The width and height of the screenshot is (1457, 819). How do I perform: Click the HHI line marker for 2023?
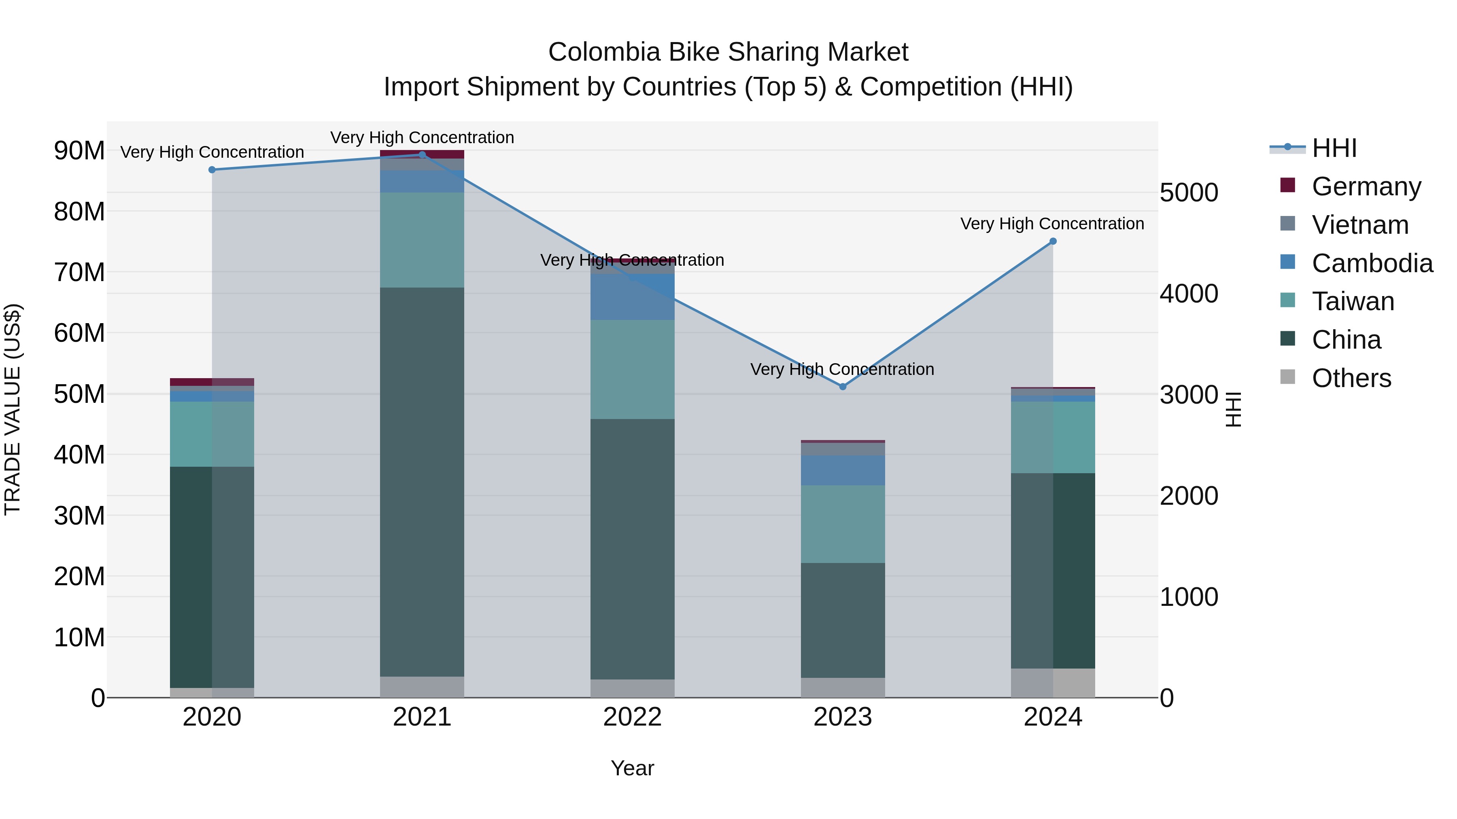[x=842, y=387]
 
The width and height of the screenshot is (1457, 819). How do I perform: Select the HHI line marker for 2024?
[x=1053, y=241]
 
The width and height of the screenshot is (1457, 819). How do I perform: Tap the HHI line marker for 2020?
[x=212, y=169]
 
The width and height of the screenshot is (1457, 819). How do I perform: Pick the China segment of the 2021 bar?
[x=422, y=480]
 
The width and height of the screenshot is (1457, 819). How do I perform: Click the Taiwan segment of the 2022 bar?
[x=632, y=369]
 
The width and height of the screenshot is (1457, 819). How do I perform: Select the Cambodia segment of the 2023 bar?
[x=842, y=470]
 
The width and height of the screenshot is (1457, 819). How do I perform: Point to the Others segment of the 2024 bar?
[x=1053, y=683]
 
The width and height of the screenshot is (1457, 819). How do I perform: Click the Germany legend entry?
[x=1366, y=186]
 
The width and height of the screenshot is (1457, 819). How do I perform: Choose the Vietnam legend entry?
[x=1360, y=225]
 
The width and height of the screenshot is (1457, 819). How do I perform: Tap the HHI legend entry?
[x=1334, y=148]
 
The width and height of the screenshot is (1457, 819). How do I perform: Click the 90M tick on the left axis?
[x=79, y=151]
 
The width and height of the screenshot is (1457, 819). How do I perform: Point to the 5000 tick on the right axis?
[x=1188, y=193]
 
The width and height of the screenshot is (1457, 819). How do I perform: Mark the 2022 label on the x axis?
[x=632, y=717]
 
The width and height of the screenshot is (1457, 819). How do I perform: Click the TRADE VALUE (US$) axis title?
[x=13, y=409]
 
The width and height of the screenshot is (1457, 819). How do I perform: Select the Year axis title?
[x=632, y=768]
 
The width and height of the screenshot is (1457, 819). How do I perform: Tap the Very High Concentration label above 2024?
[x=1052, y=224]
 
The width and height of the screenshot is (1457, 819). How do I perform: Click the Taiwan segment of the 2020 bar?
[x=212, y=434]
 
